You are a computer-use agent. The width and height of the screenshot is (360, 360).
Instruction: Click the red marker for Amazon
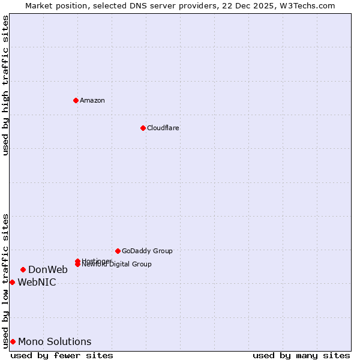click(76, 100)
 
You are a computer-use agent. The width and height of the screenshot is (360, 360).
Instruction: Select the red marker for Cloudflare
click(143, 128)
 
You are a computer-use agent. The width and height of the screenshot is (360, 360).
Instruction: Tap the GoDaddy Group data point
click(118, 251)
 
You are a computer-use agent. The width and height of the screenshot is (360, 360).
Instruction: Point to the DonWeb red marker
click(23, 269)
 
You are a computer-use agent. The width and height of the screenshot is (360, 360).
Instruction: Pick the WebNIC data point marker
click(12, 282)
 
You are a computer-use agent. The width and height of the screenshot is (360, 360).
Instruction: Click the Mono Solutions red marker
click(13, 341)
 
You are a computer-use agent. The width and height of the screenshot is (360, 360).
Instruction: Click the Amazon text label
click(92, 100)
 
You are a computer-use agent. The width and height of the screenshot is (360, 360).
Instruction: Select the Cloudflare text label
click(163, 128)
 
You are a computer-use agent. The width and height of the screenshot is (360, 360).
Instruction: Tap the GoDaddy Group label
click(147, 251)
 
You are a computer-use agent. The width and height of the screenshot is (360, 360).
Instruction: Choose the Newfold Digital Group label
click(117, 265)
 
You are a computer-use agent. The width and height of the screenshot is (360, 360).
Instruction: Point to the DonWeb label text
click(48, 269)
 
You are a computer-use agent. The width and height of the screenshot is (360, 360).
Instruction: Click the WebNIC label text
click(37, 282)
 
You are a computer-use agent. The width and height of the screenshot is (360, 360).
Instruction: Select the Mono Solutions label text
click(55, 341)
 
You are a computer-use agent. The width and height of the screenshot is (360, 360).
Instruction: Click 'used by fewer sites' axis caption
click(62, 355)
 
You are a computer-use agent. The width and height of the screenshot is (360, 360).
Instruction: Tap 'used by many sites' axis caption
click(301, 355)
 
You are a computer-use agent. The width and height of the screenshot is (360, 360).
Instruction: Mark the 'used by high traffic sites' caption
click(5, 85)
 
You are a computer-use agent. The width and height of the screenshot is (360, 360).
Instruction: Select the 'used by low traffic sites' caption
click(5, 280)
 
